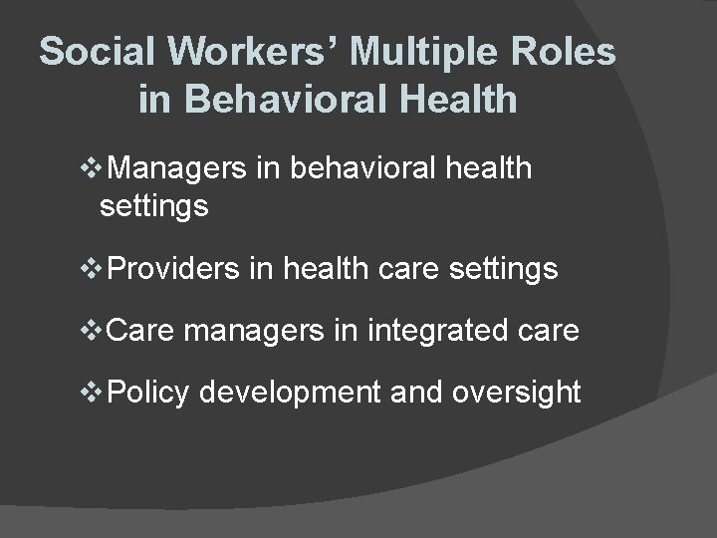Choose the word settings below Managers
pos(153,207)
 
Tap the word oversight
pos(516,394)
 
